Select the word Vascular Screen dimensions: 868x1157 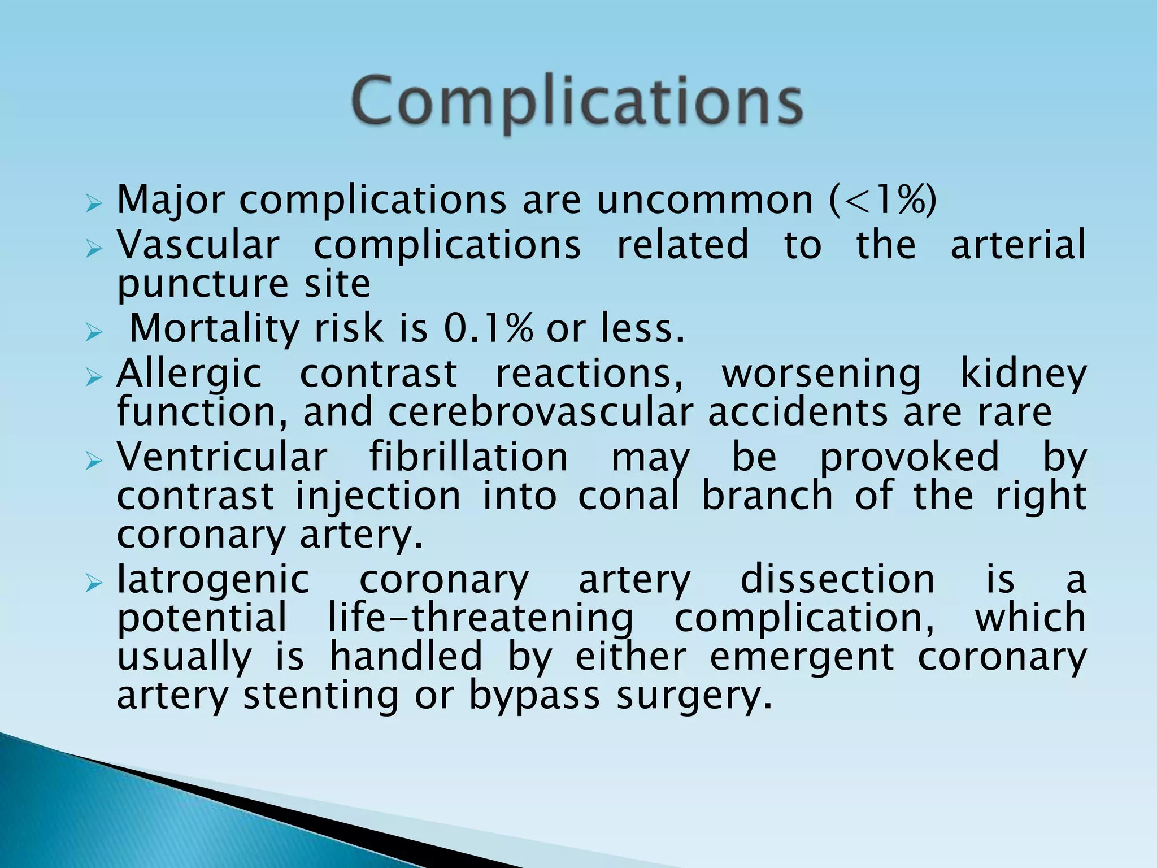tap(198, 245)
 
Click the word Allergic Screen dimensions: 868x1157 tap(189, 374)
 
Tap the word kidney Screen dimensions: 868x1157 tap(1023, 374)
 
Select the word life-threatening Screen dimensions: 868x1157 tap(481, 618)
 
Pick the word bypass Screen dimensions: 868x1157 tap(534, 696)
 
